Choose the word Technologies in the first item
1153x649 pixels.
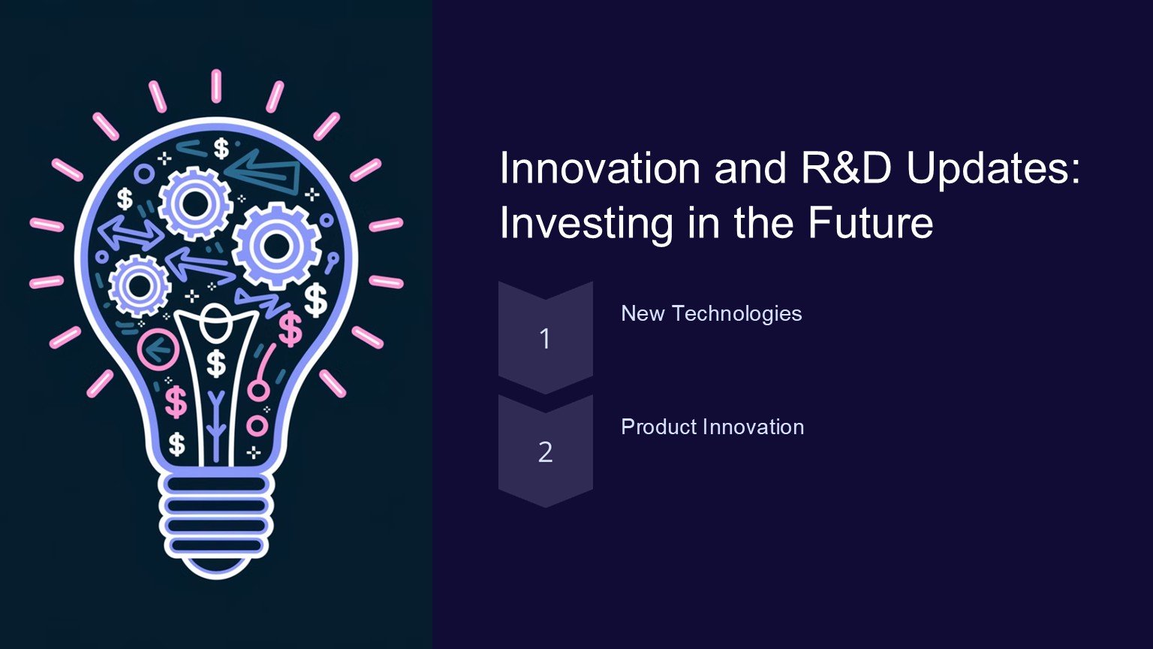pos(737,314)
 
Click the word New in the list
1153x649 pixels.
pos(643,313)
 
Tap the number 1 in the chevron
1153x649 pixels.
pos(545,339)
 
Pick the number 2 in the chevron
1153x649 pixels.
pos(545,452)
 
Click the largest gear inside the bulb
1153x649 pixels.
pos(277,246)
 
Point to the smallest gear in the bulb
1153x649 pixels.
pos(140,285)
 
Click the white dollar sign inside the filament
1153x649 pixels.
pos(216,363)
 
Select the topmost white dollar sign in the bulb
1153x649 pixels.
pos(221,148)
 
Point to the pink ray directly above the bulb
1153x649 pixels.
pos(216,86)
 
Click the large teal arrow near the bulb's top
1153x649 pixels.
pos(263,171)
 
